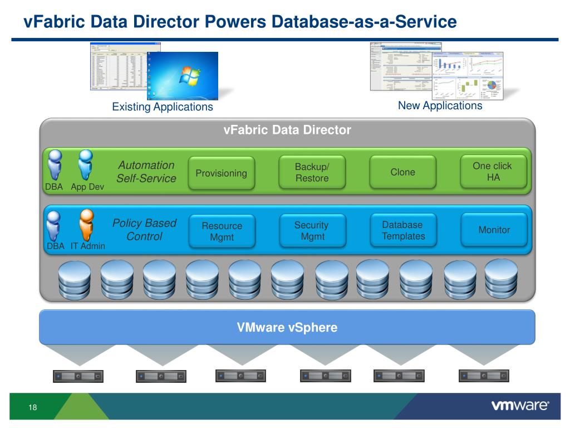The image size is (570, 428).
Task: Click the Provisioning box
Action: tap(221, 173)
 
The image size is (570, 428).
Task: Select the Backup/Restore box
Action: tap(312, 173)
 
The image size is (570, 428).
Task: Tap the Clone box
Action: tap(402, 172)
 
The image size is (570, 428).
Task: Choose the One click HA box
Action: tap(493, 172)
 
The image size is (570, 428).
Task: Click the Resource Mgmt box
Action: tap(222, 231)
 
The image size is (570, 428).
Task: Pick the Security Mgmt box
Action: tap(312, 231)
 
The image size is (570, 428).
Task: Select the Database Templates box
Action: tap(403, 230)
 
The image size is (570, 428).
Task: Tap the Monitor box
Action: tap(494, 230)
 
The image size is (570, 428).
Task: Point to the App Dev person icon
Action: tap(86, 164)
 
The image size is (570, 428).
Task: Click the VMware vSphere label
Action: tap(287, 327)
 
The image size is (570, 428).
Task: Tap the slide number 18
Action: tap(32, 408)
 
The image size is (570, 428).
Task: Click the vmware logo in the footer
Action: tap(520, 406)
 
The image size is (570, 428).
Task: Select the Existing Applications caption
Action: tap(163, 106)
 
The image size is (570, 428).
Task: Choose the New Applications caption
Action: tap(440, 105)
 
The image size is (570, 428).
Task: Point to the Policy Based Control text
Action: tap(144, 230)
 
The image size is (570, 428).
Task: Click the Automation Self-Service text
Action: tap(146, 172)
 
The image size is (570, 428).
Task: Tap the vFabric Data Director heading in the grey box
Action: tap(287, 130)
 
